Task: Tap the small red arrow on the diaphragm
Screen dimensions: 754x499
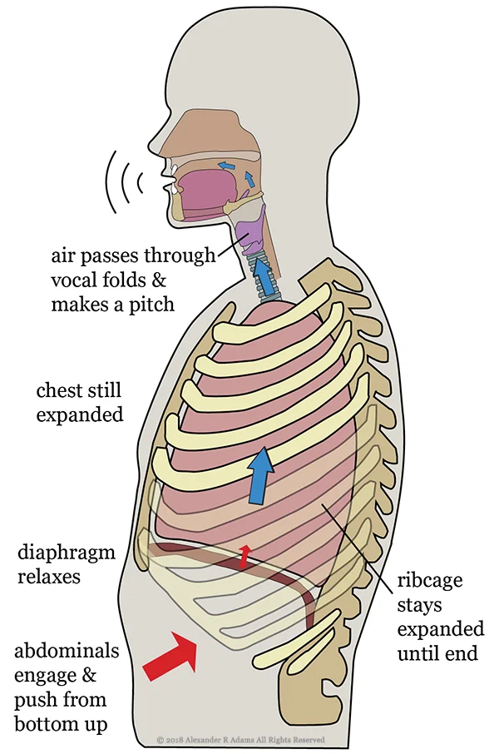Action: [244, 556]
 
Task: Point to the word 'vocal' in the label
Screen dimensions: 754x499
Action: [74, 279]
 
